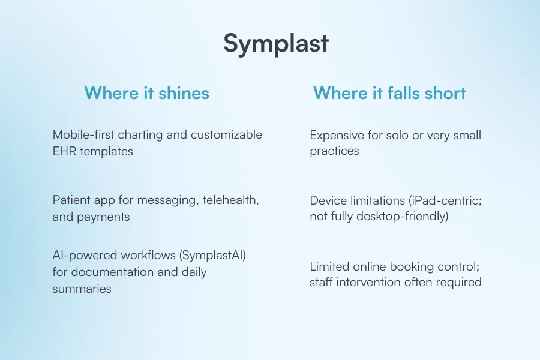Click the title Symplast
click(276, 44)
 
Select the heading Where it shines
click(146, 93)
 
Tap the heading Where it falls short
click(389, 93)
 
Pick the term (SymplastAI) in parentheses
click(209, 256)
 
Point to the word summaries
click(82, 289)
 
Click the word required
click(459, 281)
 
